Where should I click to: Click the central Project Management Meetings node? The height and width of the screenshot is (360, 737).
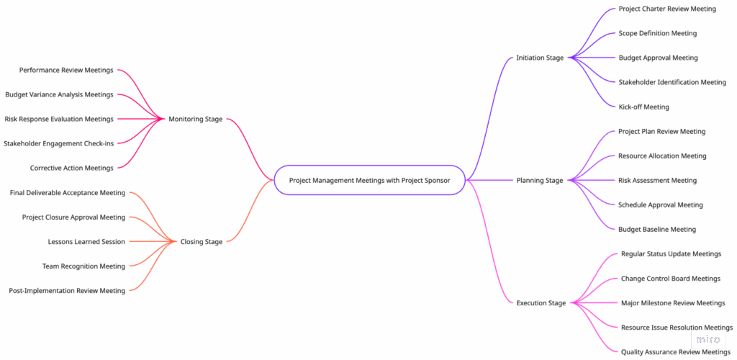369,180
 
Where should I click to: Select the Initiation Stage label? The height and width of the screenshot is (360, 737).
540,58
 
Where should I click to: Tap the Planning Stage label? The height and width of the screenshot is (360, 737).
540,180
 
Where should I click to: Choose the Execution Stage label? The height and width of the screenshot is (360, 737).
541,303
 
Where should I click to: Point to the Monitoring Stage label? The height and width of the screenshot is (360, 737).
195,119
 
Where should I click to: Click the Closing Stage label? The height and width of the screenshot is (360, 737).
201,242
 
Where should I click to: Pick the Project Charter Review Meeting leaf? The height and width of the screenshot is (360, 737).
667,9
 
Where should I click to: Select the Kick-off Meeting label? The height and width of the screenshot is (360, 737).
643,107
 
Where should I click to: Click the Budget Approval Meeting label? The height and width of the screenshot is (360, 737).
658,58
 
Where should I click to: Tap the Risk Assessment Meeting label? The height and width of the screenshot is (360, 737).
657,180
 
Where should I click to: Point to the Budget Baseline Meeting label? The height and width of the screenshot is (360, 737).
657,229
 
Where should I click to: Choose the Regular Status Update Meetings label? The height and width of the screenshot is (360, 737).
671,253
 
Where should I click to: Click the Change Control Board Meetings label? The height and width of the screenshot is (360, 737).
670,279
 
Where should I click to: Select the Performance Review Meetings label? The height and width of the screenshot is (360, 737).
66,70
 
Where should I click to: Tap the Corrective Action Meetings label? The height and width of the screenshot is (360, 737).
71,168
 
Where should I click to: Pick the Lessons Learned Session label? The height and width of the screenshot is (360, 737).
86,242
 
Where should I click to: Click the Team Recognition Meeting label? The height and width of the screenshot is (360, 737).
83,266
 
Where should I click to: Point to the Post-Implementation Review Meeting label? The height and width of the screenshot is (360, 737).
66,291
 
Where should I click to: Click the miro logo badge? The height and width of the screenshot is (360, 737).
708,339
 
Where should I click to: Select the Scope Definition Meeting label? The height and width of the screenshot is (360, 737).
657,33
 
